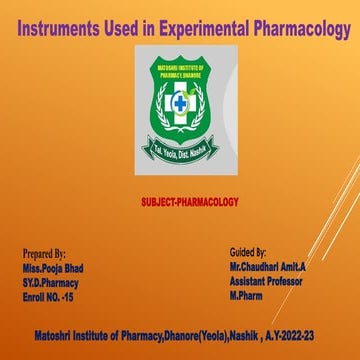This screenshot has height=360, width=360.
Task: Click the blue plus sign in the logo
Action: pyautogui.click(x=180, y=104)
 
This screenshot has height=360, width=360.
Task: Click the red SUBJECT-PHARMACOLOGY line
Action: pyautogui.click(x=190, y=201)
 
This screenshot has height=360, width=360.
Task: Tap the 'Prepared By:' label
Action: pyautogui.click(x=44, y=255)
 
